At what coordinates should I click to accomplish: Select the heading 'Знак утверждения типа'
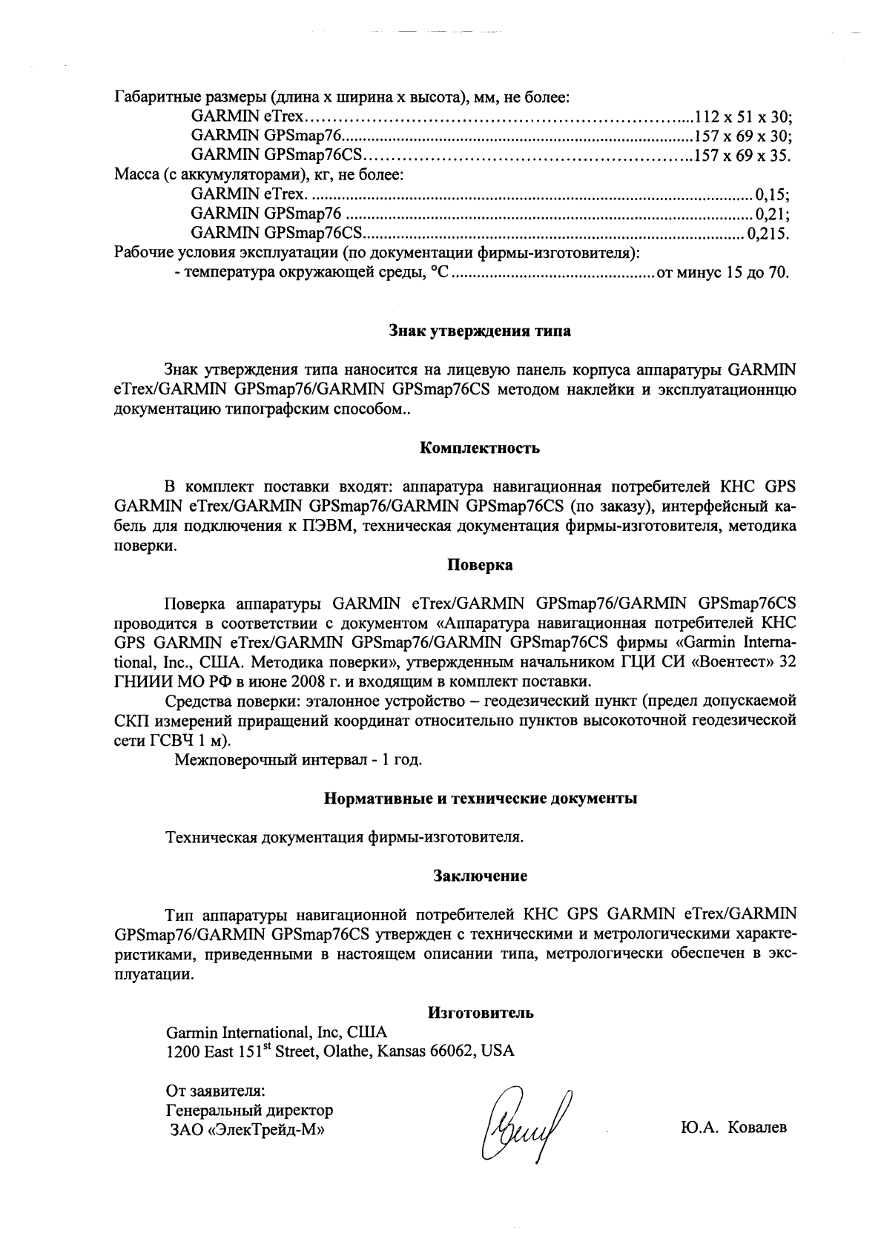481,331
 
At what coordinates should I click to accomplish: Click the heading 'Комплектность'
480,448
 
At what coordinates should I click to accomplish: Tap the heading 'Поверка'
480,566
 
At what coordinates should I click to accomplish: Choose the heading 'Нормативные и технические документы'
481,799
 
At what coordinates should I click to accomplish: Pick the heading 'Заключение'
480,876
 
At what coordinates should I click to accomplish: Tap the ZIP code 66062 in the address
451,1051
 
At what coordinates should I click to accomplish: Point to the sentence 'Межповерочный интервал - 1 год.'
298,760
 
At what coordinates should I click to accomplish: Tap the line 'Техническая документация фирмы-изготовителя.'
345,838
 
